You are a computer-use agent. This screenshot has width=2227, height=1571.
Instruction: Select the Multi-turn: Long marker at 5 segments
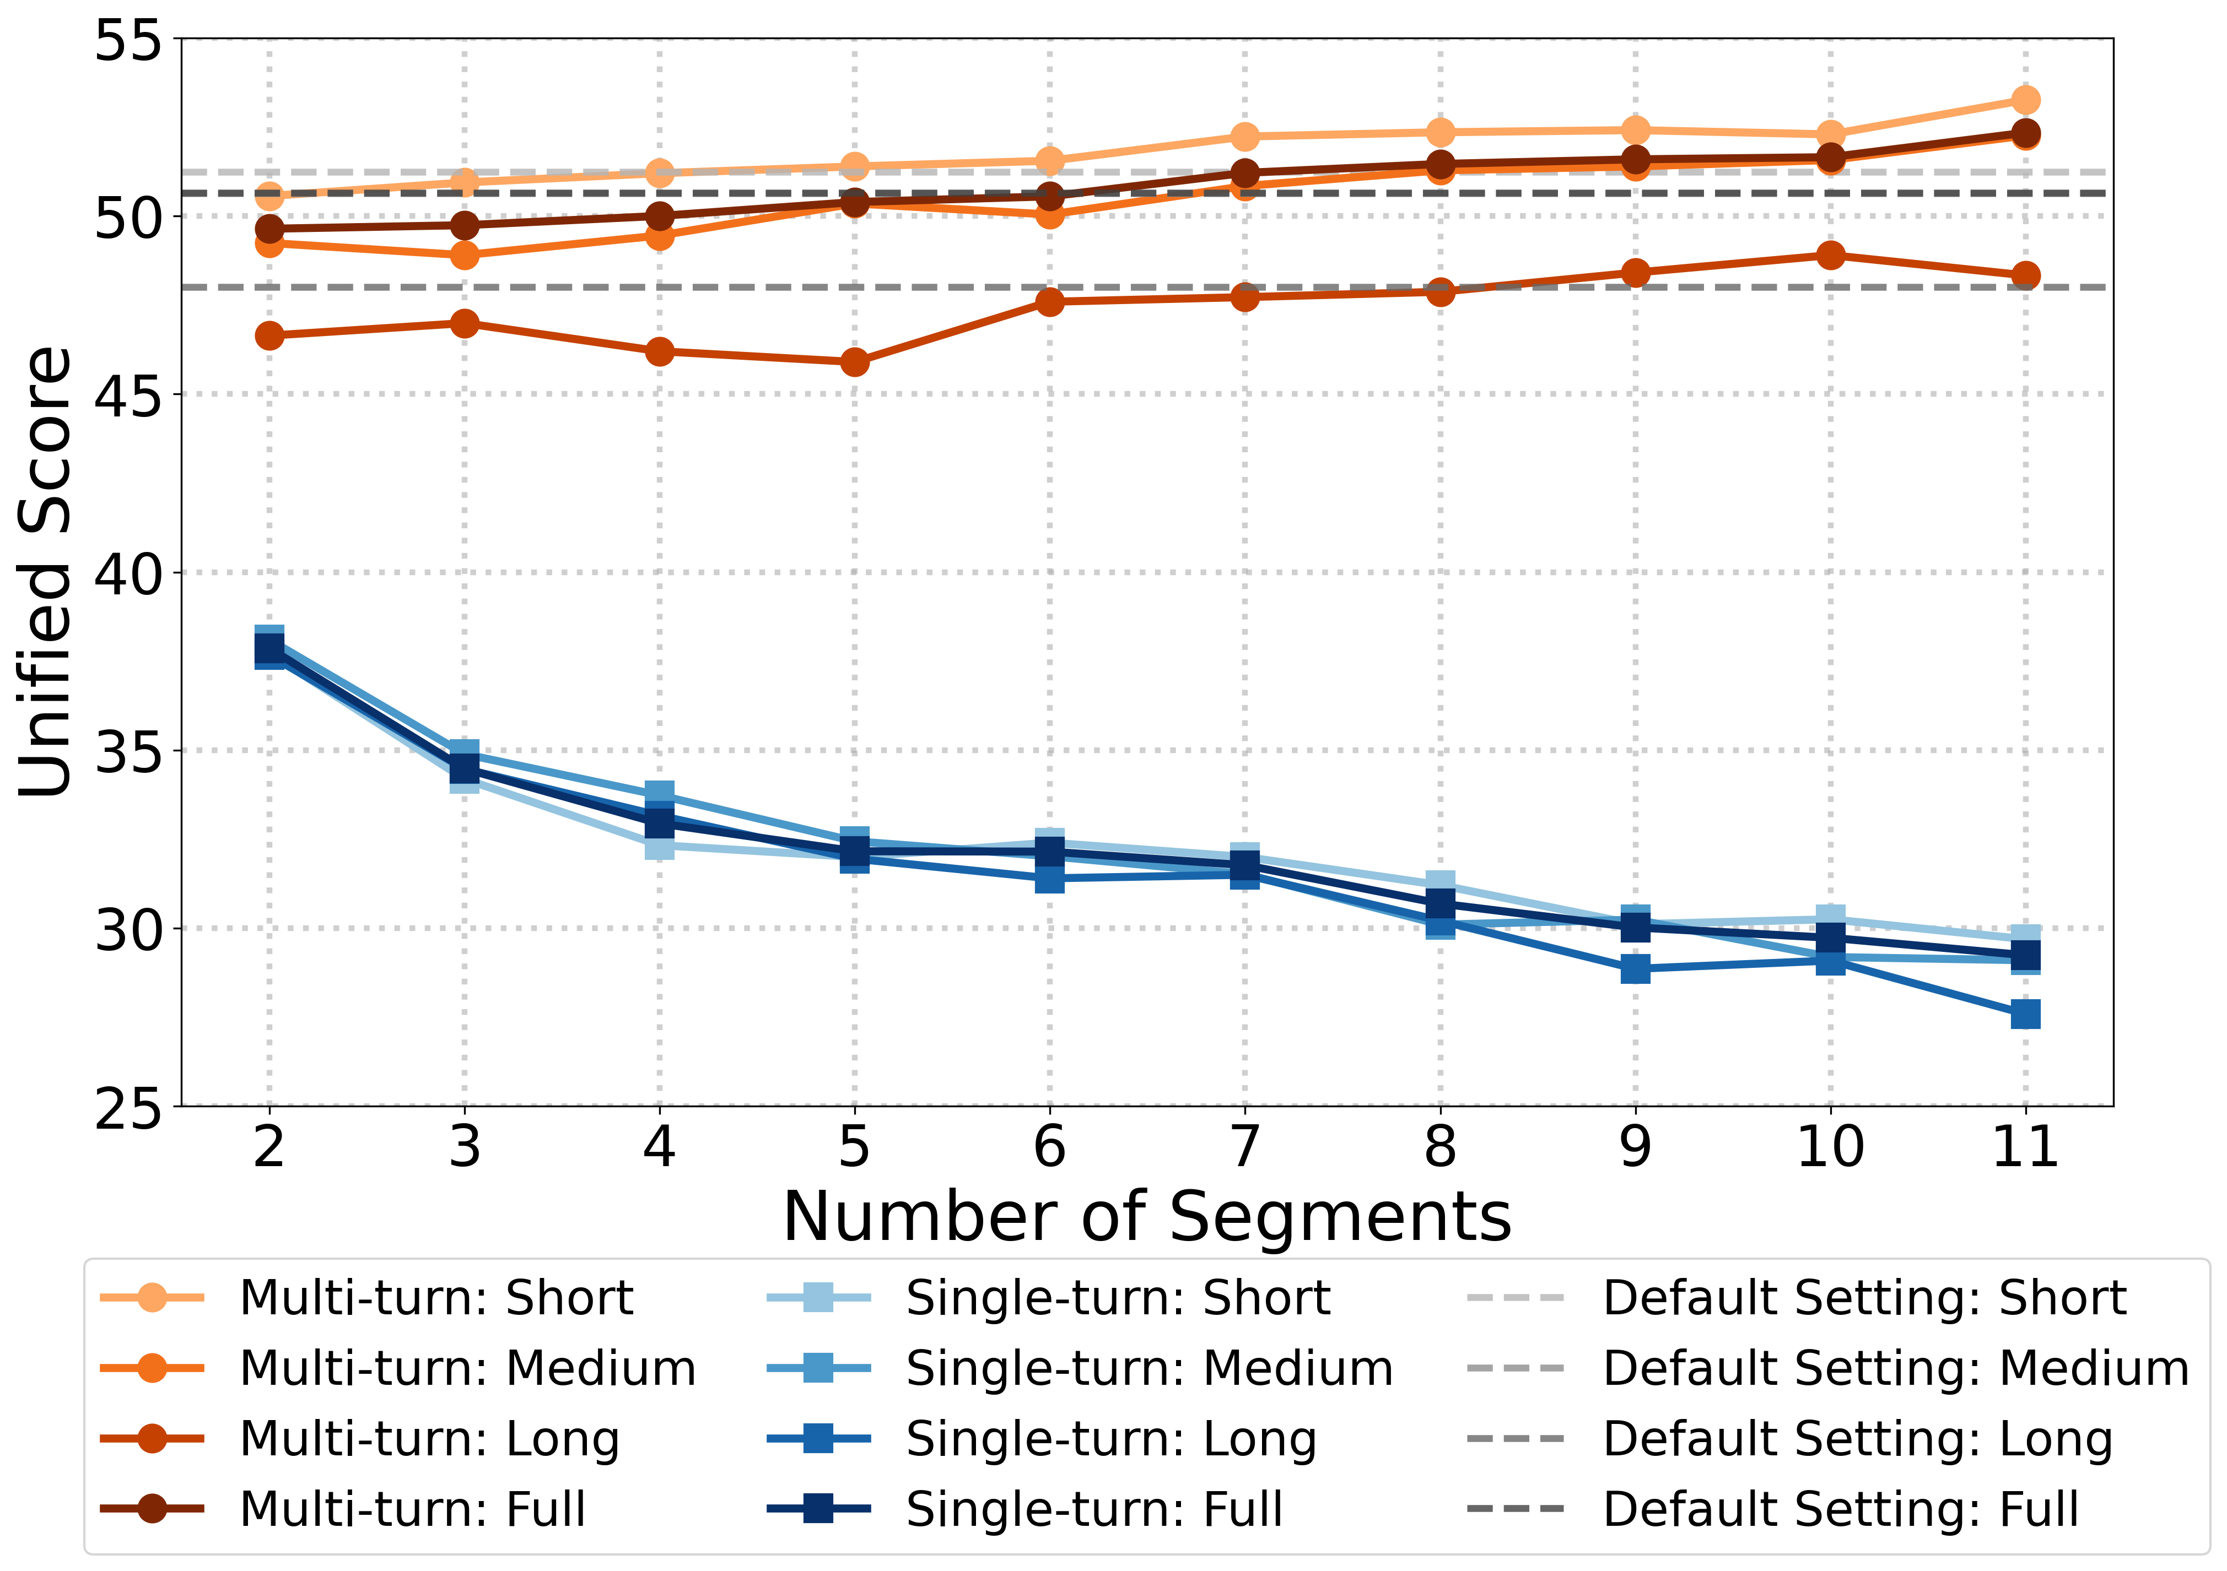point(854,362)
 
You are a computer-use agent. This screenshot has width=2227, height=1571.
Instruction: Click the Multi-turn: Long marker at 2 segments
point(269,335)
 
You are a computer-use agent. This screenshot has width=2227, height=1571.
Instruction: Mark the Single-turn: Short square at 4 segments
point(660,846)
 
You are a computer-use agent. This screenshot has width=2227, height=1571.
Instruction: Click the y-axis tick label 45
point(126,395)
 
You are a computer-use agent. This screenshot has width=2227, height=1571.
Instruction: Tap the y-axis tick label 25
point(126,1107)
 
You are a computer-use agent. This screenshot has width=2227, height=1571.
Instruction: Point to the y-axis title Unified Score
point(46,572)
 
